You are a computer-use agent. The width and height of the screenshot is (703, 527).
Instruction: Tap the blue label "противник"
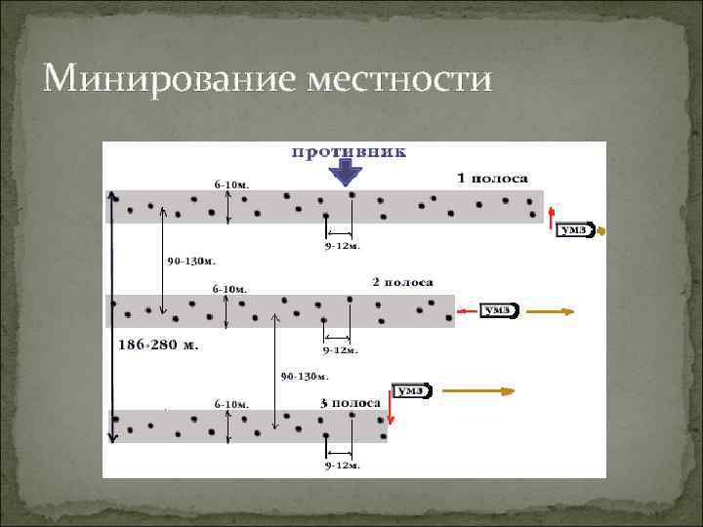[348, 152]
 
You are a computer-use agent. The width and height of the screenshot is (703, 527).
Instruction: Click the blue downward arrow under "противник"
[346, 174]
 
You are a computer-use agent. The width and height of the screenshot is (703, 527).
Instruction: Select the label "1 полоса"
[493, 179]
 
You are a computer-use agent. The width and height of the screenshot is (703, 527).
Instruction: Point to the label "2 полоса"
[402, 282]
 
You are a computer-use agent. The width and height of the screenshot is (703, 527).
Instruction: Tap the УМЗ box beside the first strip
[574, 230]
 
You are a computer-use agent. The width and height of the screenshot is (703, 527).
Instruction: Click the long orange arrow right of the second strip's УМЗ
[546, 311]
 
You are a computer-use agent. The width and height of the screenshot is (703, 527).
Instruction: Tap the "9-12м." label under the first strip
[342, 246]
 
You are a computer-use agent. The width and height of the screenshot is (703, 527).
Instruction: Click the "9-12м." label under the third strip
[342, 466]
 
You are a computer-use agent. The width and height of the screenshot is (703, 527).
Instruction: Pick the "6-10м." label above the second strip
[231, 289]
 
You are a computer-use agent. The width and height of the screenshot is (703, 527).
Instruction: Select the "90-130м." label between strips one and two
[191, 262]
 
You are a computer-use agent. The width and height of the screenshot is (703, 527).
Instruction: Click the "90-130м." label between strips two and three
[305, 375]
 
